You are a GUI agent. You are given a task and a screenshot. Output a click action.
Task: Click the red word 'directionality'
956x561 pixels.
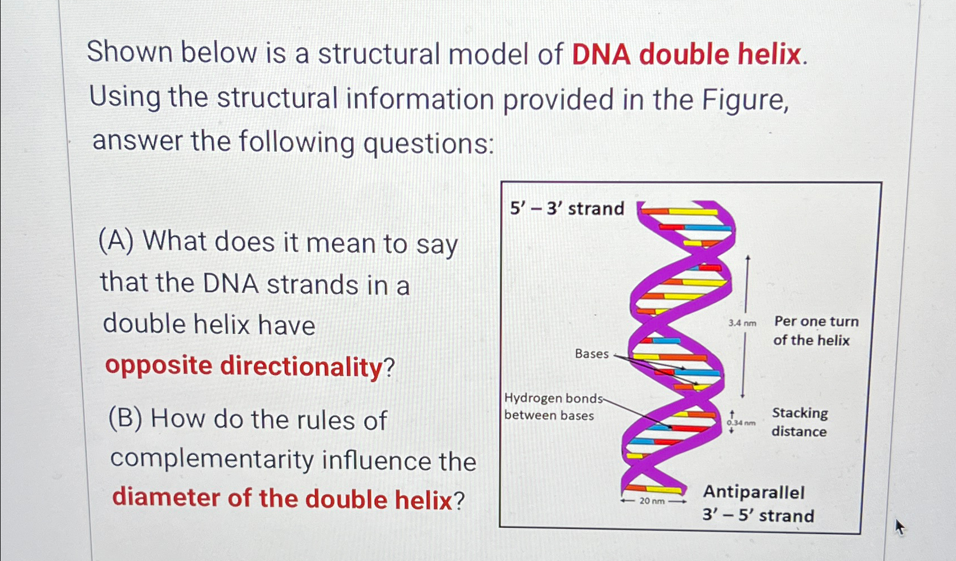[x=301, y=367]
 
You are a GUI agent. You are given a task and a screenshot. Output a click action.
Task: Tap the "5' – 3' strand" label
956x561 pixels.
[x=567, y=209]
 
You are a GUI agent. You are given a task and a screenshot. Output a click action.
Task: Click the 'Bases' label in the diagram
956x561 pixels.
[x=591, y=354]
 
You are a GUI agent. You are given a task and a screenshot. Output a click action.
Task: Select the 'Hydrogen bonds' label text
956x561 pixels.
[x=553, y=398]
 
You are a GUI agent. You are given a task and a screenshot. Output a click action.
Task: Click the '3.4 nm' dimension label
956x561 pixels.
[x=742, y=323]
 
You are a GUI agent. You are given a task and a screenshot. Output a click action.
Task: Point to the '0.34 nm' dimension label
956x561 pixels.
[x=740, y=422]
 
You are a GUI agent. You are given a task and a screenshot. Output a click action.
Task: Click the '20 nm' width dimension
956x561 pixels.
[x=652, y=500]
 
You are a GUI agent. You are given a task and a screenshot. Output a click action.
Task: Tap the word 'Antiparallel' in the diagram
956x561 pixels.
[x=753, y=492]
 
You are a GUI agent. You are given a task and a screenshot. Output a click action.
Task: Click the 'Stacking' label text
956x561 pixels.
[x=800, y=413]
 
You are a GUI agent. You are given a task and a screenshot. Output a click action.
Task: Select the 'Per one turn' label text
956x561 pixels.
[x=816, y=322]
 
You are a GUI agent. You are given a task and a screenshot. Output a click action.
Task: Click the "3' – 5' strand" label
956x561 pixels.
[x=758, y=515]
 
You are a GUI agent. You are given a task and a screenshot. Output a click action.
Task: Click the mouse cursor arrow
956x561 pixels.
[x=899, y=526]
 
